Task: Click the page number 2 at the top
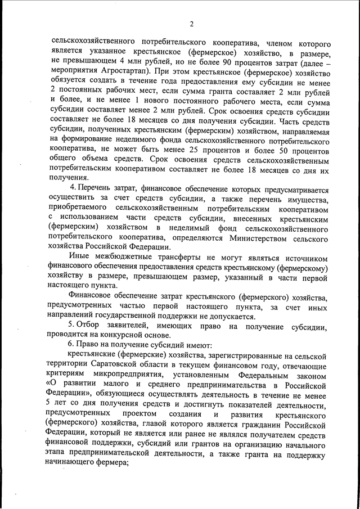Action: point(191,24)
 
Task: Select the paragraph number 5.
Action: point(70,326)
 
